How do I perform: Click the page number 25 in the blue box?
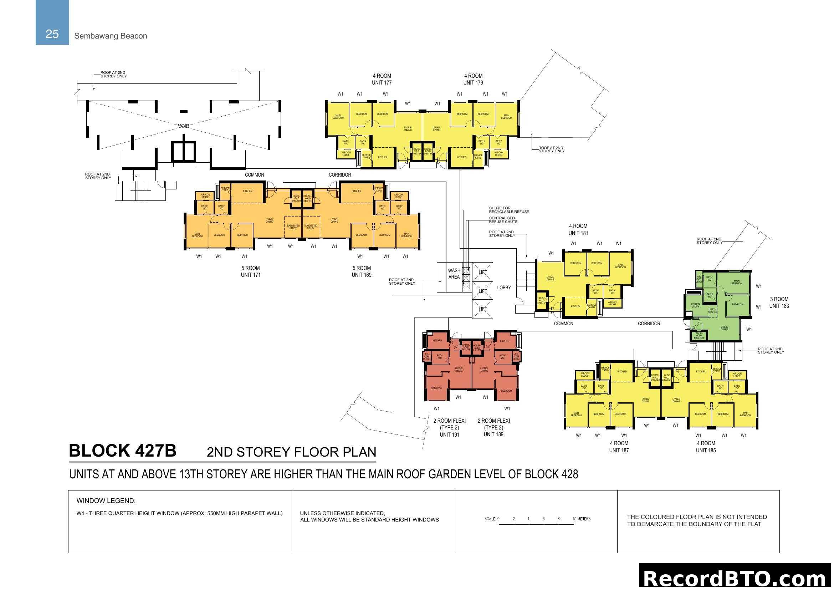click(x=52, y=34)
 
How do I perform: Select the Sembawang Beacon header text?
click(x=111, y=36)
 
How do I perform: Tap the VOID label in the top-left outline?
click(x=183, y=126)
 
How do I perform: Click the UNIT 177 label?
click(x=382, y=83)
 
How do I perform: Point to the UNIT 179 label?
click(x=473, y=83)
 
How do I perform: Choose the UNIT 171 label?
click(x=250, y=275)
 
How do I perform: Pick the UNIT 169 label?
click(x=362, y=275)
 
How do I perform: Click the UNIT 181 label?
click(x=578, y=233)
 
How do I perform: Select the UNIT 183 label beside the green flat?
click(x=779, y=306)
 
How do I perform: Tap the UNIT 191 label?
click(x=449, y=434)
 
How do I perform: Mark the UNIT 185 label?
click(x=705, y=451)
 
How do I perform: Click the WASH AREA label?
click(x=454, y=274)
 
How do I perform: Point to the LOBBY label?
click(x=504, y=288)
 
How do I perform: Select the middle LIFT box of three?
click(x=482, y=291)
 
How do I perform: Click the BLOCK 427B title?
click(x=122, y=451)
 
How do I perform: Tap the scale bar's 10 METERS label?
click(x=581, y=519)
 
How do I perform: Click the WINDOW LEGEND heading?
click(x=106, y=500)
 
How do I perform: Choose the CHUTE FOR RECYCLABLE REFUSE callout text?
click(x=508, y=210)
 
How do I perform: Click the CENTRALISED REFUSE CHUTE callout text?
click(x=503, y=220)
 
